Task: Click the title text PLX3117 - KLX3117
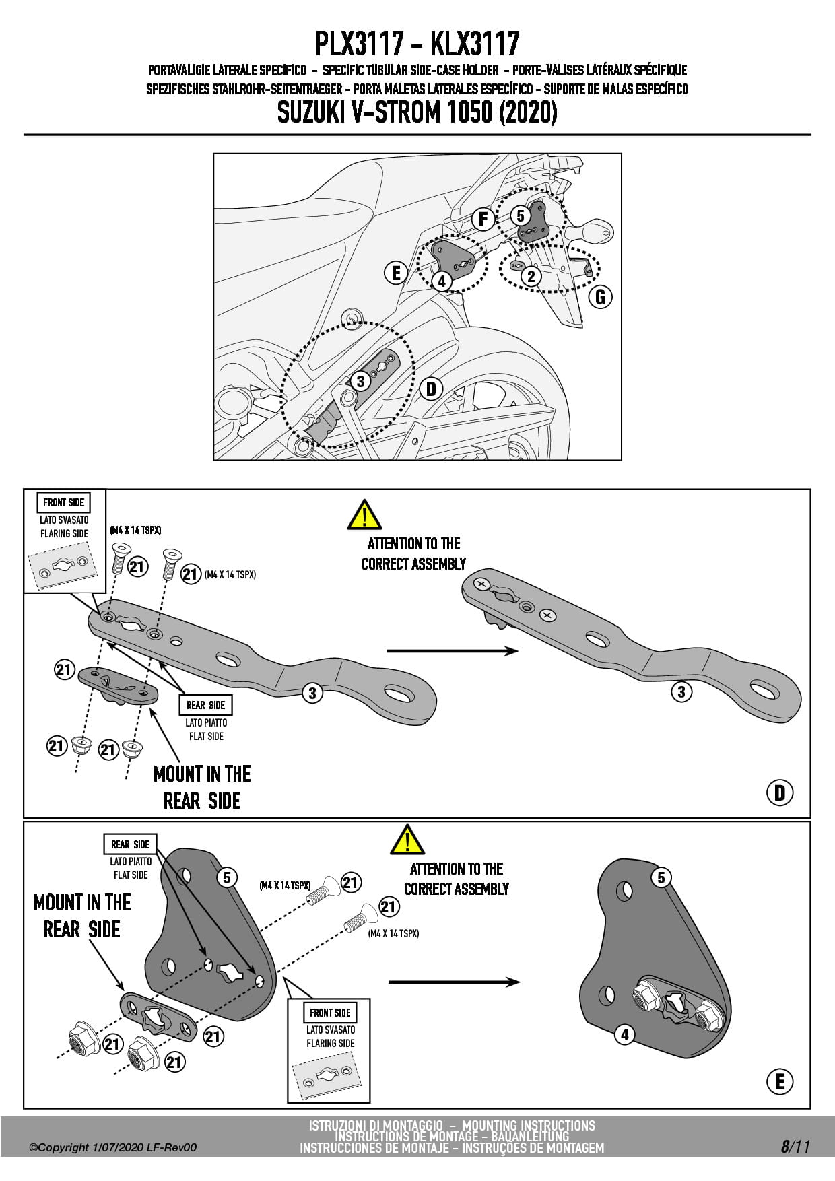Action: click(x=417, y=44)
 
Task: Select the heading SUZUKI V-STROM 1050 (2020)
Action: click(x=417, y=112)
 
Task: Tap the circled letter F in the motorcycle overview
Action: click(x=482, y=220)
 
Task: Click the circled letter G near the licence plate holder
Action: click(x=600, y=296)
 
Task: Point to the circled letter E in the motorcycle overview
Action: click(x=396, y=273)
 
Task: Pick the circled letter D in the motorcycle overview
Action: click(x=431, y=389)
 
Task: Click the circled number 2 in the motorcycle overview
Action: click(x=531, y=276)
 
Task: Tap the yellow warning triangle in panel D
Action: click(x=364, y=515)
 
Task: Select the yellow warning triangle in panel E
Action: click(x=407, y=840)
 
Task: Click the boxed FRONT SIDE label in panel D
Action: click(x=64, y=502)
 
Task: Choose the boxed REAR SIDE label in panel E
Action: click(x=131, y=844)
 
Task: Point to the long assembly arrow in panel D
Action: click(x=452, y=650)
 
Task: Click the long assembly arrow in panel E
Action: click(x=454, y=982)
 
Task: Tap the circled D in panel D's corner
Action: click(x=780, y=792)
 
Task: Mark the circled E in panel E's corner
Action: click(x=780, y=1081)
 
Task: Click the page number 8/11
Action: click(x=795, y=1147)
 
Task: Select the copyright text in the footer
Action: click(x=113, y=1147)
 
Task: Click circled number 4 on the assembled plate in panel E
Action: click(x=625, y=1034)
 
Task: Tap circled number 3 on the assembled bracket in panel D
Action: click(x=681, y=691)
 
